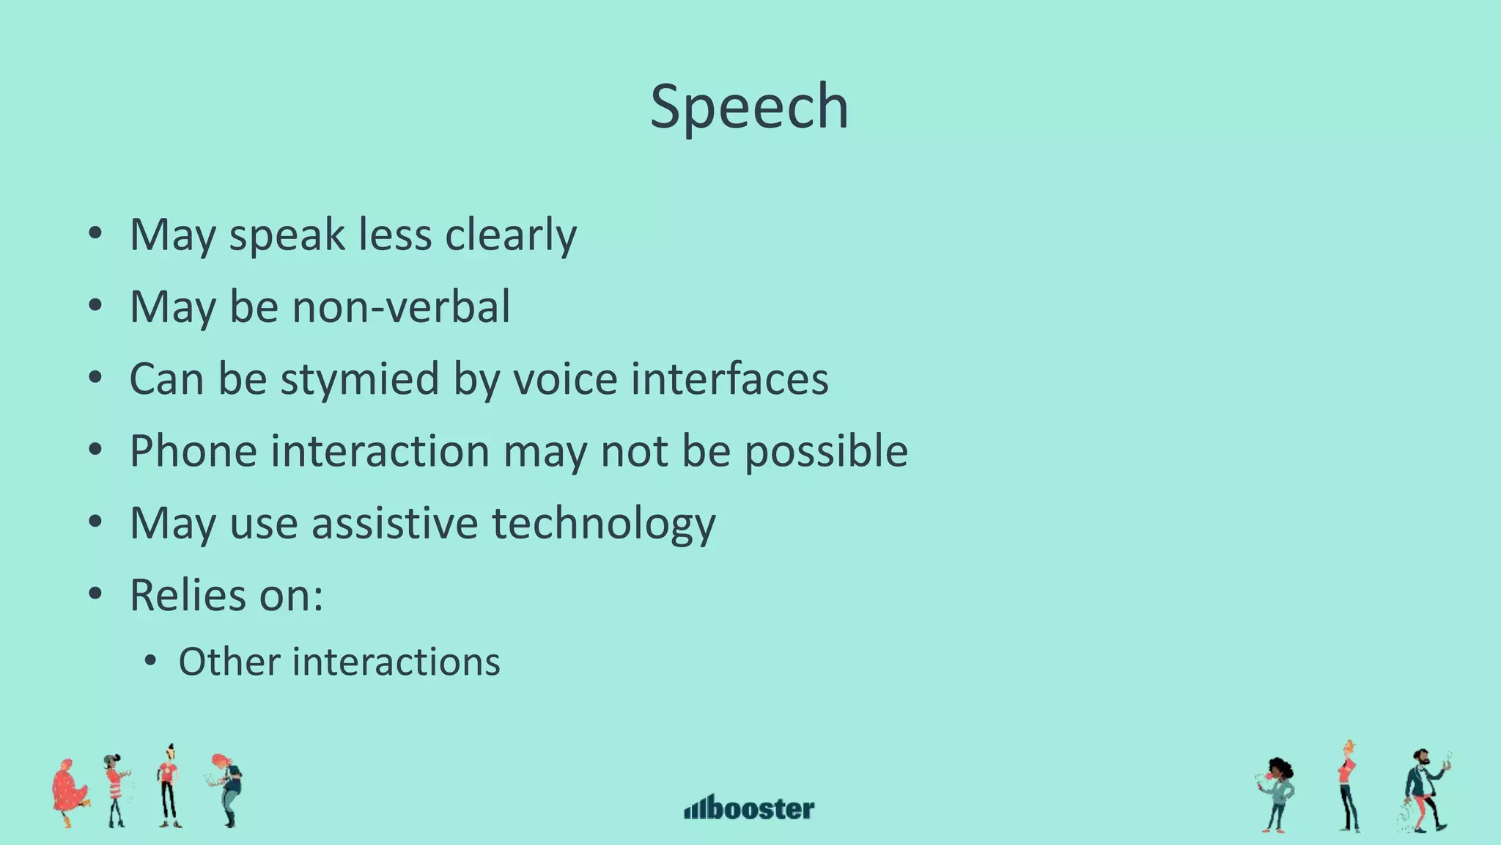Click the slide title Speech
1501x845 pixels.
[749, 107]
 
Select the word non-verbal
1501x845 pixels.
[401, 307]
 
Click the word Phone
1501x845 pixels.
[193, 450]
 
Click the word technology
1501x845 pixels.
[603, 523]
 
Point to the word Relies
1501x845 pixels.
[188, 595]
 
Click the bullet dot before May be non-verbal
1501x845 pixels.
[95, 307]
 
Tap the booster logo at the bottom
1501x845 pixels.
[749, 808]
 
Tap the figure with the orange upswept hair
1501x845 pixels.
[1348, 785]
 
